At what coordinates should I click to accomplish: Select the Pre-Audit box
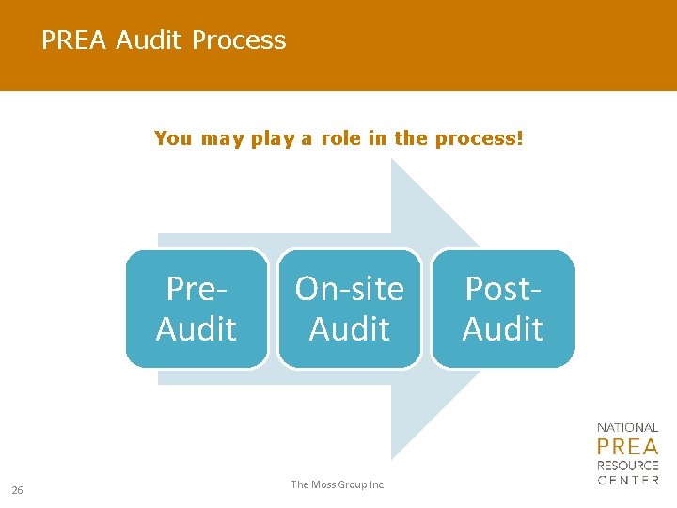point(197,309)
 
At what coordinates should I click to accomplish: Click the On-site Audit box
point(350,309)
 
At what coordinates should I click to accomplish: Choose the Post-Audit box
point(503,309)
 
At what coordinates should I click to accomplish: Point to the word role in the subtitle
point(341,138)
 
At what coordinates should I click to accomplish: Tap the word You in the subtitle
point(173,138)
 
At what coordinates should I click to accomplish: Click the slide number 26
point(17,489)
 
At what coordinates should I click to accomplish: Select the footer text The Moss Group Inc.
point(338,484)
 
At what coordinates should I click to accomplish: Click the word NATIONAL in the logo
point(628,428)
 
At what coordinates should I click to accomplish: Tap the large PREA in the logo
point(628,446)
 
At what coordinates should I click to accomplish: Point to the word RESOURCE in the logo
point(628,466)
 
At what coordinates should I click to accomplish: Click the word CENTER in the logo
point(628,481)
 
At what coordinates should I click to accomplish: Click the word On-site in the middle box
point(350,289)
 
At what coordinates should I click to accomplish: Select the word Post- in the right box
point(503,289)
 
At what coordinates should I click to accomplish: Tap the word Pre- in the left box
point(197,289)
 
